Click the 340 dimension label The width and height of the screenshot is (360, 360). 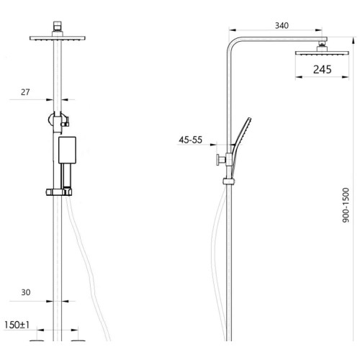(x=282, y=25)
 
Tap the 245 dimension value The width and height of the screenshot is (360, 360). (x=323, y=70)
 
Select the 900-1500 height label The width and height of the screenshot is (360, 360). (x=346, y=205)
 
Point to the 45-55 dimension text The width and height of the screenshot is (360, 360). (x=191, y=140)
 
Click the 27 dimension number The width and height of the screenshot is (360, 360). (x=25, y=92)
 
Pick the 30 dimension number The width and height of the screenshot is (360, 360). (x=26, y=292)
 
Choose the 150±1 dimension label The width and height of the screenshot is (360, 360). (x=17, y=325)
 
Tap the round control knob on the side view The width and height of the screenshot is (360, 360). (x=219, y=160)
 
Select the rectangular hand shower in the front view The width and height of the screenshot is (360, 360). (x=68, y=150)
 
